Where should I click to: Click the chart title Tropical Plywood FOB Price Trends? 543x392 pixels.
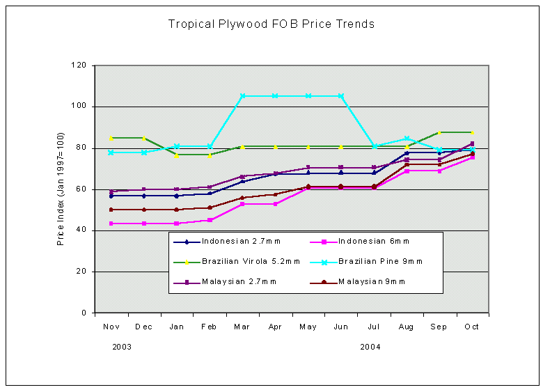271,24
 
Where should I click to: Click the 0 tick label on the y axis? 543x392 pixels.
83,313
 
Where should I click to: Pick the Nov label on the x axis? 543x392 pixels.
111,327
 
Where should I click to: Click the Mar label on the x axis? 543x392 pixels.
243,327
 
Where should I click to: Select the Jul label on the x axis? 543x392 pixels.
375,327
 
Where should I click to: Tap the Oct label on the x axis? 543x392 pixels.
472,327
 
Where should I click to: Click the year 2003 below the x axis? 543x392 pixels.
122,347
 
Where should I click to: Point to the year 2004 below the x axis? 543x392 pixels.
370,347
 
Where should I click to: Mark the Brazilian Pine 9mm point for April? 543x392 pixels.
276,96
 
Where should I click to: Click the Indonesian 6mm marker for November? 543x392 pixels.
111,224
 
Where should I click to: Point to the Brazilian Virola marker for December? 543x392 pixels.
144,138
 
